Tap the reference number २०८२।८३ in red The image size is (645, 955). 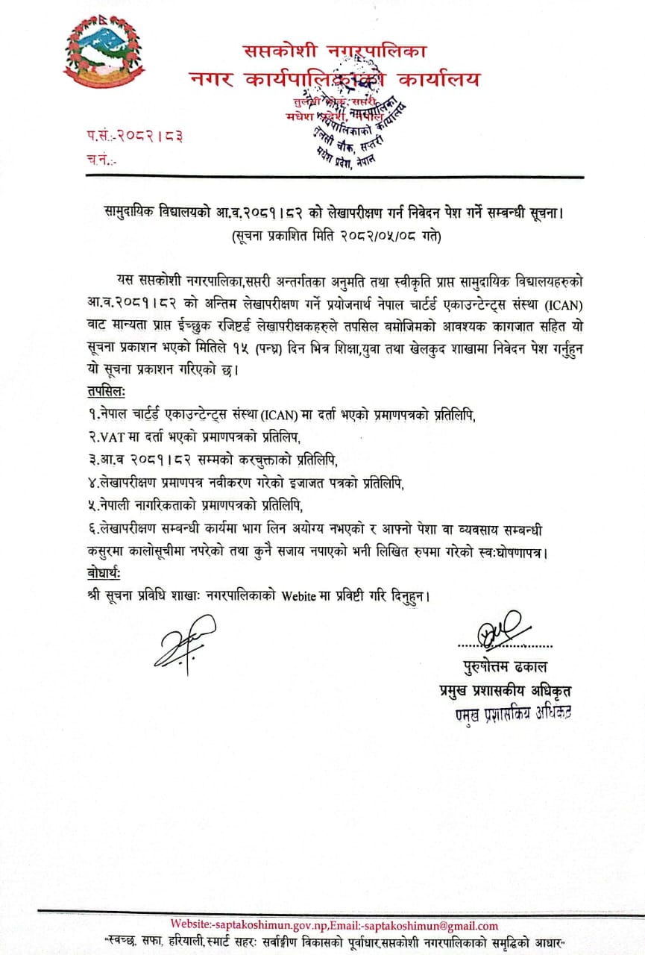coord(146,137)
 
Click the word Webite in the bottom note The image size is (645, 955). coord(300,596)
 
